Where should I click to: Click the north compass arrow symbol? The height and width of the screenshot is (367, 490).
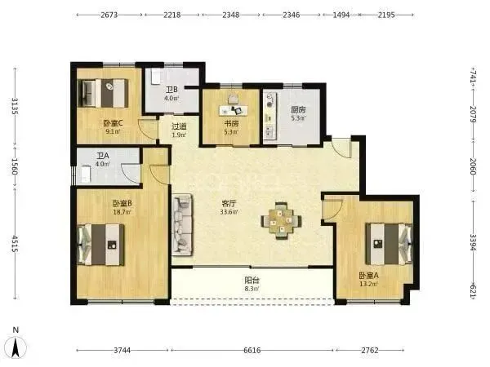coord(16,347)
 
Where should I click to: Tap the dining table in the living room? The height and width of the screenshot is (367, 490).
coord(281,221)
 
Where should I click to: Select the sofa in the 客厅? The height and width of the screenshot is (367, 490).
coord(181,225)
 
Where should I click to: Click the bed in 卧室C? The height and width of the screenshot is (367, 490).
coord(103,93)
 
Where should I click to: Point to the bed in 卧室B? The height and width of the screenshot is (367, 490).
coord(100,245)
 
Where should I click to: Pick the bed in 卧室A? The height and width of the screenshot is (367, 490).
coord(389,243)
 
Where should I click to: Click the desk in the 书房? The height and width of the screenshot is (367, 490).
coord(233,110)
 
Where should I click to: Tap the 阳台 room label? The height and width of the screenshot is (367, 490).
coord(252,280)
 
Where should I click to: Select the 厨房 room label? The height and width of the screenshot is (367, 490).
coord(298,110)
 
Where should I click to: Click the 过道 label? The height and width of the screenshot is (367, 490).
coord(179,126)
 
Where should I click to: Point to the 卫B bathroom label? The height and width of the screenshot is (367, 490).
coord(171,90)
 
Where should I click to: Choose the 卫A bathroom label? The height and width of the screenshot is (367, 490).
coord(103,156)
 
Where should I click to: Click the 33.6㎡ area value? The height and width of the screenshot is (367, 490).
coord(229,212)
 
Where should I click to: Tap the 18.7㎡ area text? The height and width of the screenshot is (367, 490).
coord(122,212)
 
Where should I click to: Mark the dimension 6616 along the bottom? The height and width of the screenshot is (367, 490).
coord(252,351)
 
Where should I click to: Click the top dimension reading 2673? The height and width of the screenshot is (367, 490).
coord(109,15)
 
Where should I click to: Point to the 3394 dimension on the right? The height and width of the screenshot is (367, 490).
coord(473,242)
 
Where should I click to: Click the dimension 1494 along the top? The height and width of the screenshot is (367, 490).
coord(341,15)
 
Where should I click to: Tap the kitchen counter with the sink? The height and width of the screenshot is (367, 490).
coord(269,116)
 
